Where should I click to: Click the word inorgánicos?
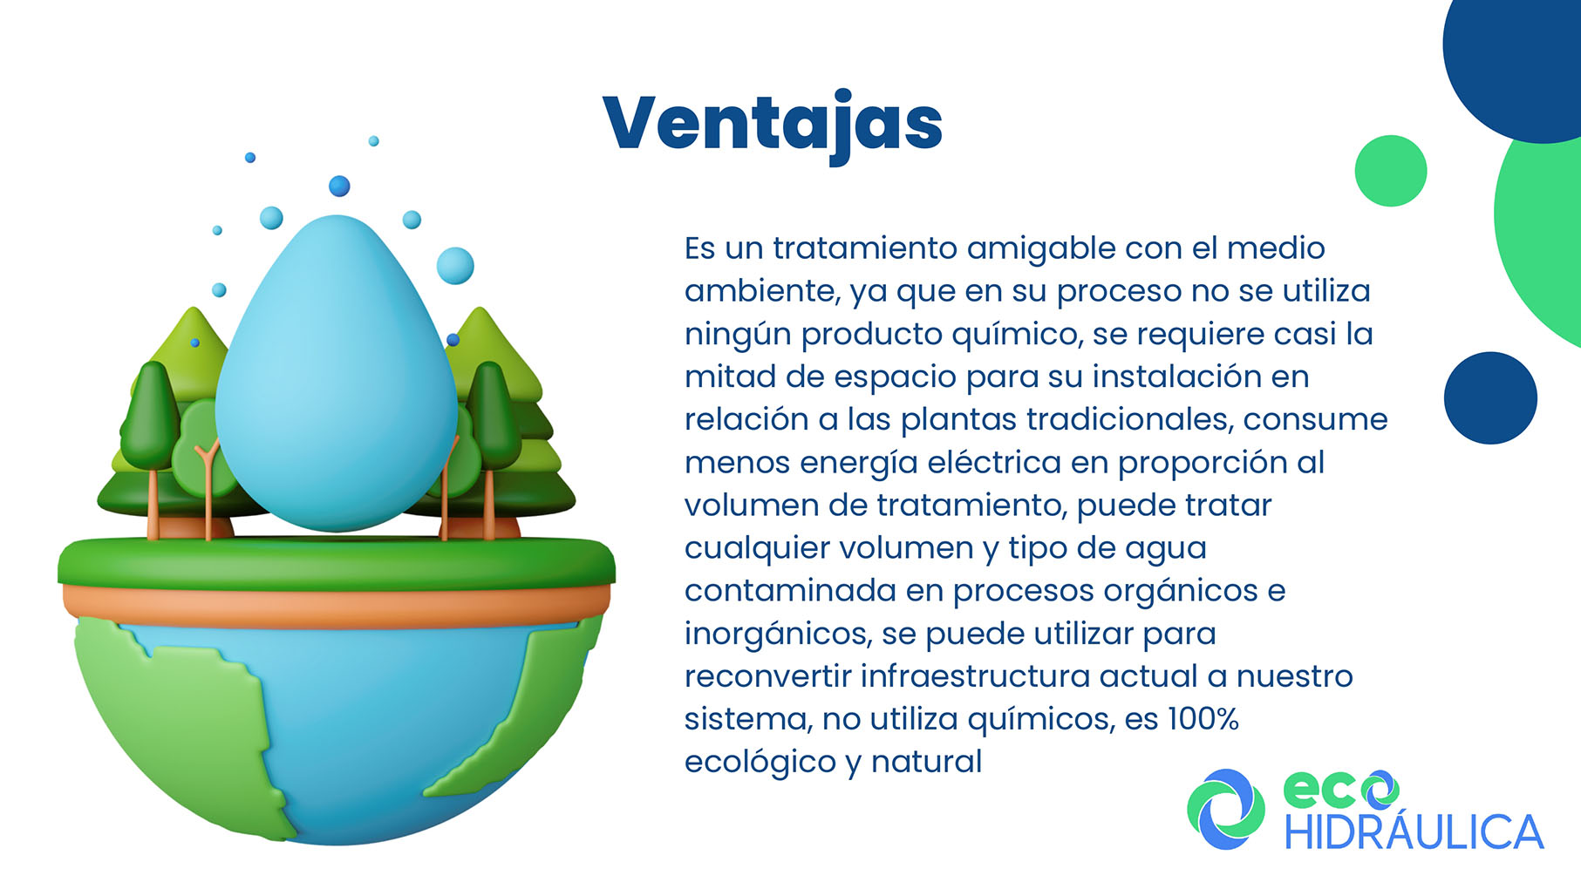[x=778, y=635]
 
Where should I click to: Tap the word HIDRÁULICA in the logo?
[x=1414, y=831]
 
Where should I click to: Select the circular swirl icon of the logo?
[x=1225, y=810]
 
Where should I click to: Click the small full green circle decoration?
[x=1391, y=171]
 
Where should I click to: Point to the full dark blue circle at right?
[x=1490, y=398]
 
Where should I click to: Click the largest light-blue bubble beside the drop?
[x=455, y=265]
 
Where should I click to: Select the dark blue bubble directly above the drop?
[x=339, y=186]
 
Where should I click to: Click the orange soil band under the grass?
[x=337, y=606]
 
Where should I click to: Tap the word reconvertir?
[x=767, y=676]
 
